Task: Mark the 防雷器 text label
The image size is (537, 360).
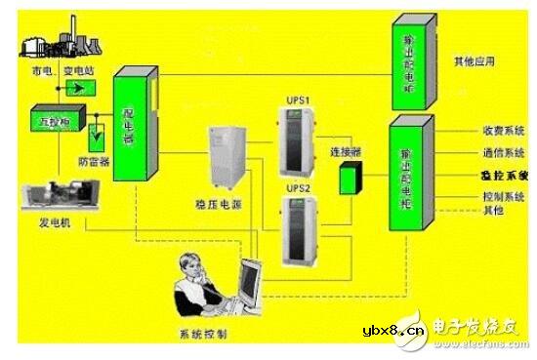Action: [94, 163]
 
